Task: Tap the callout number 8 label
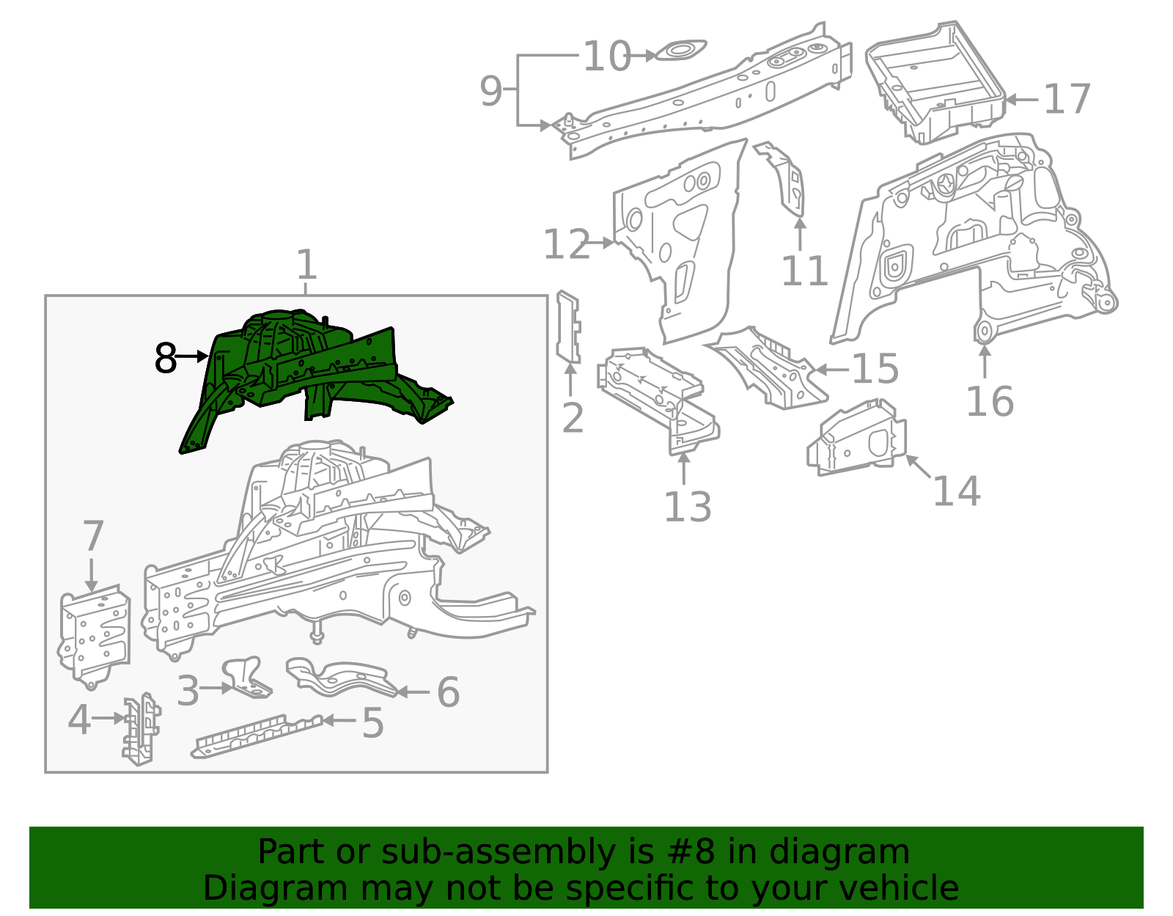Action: click(x=166, y=358)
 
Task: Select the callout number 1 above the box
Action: click(x=306, y=265)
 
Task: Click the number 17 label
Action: click(x=1067, y=100)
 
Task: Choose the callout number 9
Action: click(x=491, y=91)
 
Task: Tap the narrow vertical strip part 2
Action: click(x=568, y=327)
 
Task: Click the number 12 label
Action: click(x=566, y=244)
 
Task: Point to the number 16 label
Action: click(x=989, y=401)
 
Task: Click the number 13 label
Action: click(x=687, y=507)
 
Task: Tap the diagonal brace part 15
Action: click(x=770, y=367)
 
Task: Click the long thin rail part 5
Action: click(x=257, y=735)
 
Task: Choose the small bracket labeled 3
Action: click(x=246, y=676)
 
